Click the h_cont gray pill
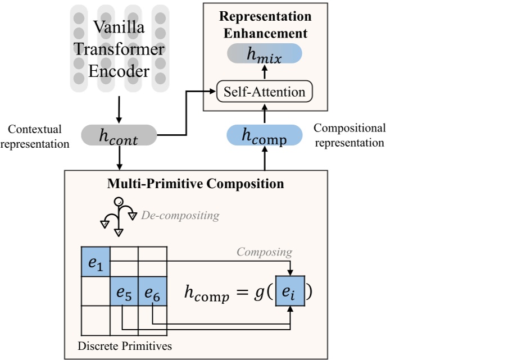coord(119,135)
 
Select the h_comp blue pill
coord(264,135)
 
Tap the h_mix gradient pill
coord(265,53)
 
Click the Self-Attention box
coord(264,92)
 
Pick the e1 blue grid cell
coord(96,262)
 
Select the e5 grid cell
coord(124,291)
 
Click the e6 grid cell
coord(153,291)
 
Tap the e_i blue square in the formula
coord(290,291)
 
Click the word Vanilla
coord(119,26)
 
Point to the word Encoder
coord(119,71)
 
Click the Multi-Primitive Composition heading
coord(196,184)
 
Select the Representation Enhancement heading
coord(265,24)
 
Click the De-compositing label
coord(180,215)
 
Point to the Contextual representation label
coord(35,136)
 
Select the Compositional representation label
coord(350,135)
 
